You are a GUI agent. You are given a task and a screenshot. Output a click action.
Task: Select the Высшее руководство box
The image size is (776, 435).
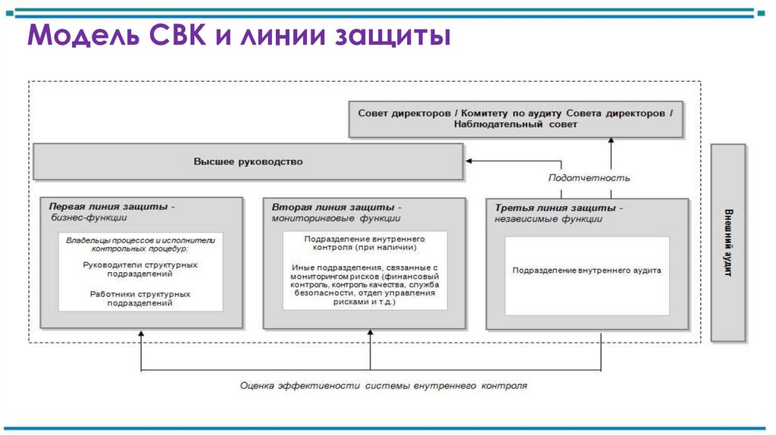point(248,161)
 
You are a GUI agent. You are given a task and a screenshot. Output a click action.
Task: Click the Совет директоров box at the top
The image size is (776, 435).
point(515,118)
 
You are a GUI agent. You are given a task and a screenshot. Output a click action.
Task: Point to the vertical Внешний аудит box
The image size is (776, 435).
point(727,243)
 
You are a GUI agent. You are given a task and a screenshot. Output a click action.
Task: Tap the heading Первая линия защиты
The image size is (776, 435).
point(112,206)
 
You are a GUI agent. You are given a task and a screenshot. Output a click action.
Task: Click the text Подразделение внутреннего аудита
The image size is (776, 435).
point(587,271)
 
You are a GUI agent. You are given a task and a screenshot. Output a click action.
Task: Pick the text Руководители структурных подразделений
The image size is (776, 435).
point(140,269)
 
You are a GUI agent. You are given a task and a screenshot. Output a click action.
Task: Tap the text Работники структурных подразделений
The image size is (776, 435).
point(140,298)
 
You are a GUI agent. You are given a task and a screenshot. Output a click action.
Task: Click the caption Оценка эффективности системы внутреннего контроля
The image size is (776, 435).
point(383,385)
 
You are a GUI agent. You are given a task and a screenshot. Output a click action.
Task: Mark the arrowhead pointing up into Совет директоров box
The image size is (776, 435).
point(611,141)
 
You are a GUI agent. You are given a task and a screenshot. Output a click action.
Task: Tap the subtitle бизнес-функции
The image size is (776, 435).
point(83,217)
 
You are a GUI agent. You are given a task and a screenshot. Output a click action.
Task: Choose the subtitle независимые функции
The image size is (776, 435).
point(549,219)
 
